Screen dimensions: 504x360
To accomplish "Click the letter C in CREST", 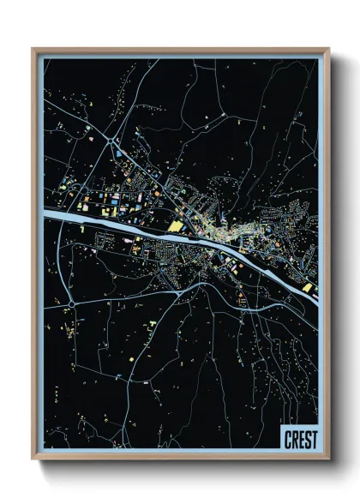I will (287, 441).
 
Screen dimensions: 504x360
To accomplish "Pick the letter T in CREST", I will (313, 441).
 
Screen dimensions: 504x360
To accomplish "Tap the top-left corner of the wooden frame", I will (33, 49).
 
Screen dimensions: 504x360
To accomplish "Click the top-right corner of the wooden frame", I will (328, 49).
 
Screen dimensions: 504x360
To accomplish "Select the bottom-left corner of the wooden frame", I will (33, 459).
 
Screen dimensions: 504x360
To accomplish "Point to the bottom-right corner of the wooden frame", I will (328, 459).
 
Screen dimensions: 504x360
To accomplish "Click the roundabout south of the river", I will (73, 303).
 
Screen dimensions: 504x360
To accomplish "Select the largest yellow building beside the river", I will (177, 226).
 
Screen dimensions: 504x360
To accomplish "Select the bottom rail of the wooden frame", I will (180, 458).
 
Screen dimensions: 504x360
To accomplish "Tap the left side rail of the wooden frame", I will (35, 257).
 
